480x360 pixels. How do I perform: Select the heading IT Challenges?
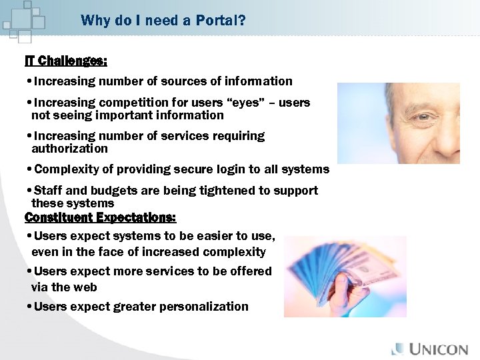65,61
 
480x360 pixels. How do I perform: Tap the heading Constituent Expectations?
100,217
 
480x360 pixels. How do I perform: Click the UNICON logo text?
441,349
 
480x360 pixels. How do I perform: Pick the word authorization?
69,149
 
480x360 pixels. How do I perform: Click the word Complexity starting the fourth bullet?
64,169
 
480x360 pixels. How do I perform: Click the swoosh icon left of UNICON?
398,349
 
